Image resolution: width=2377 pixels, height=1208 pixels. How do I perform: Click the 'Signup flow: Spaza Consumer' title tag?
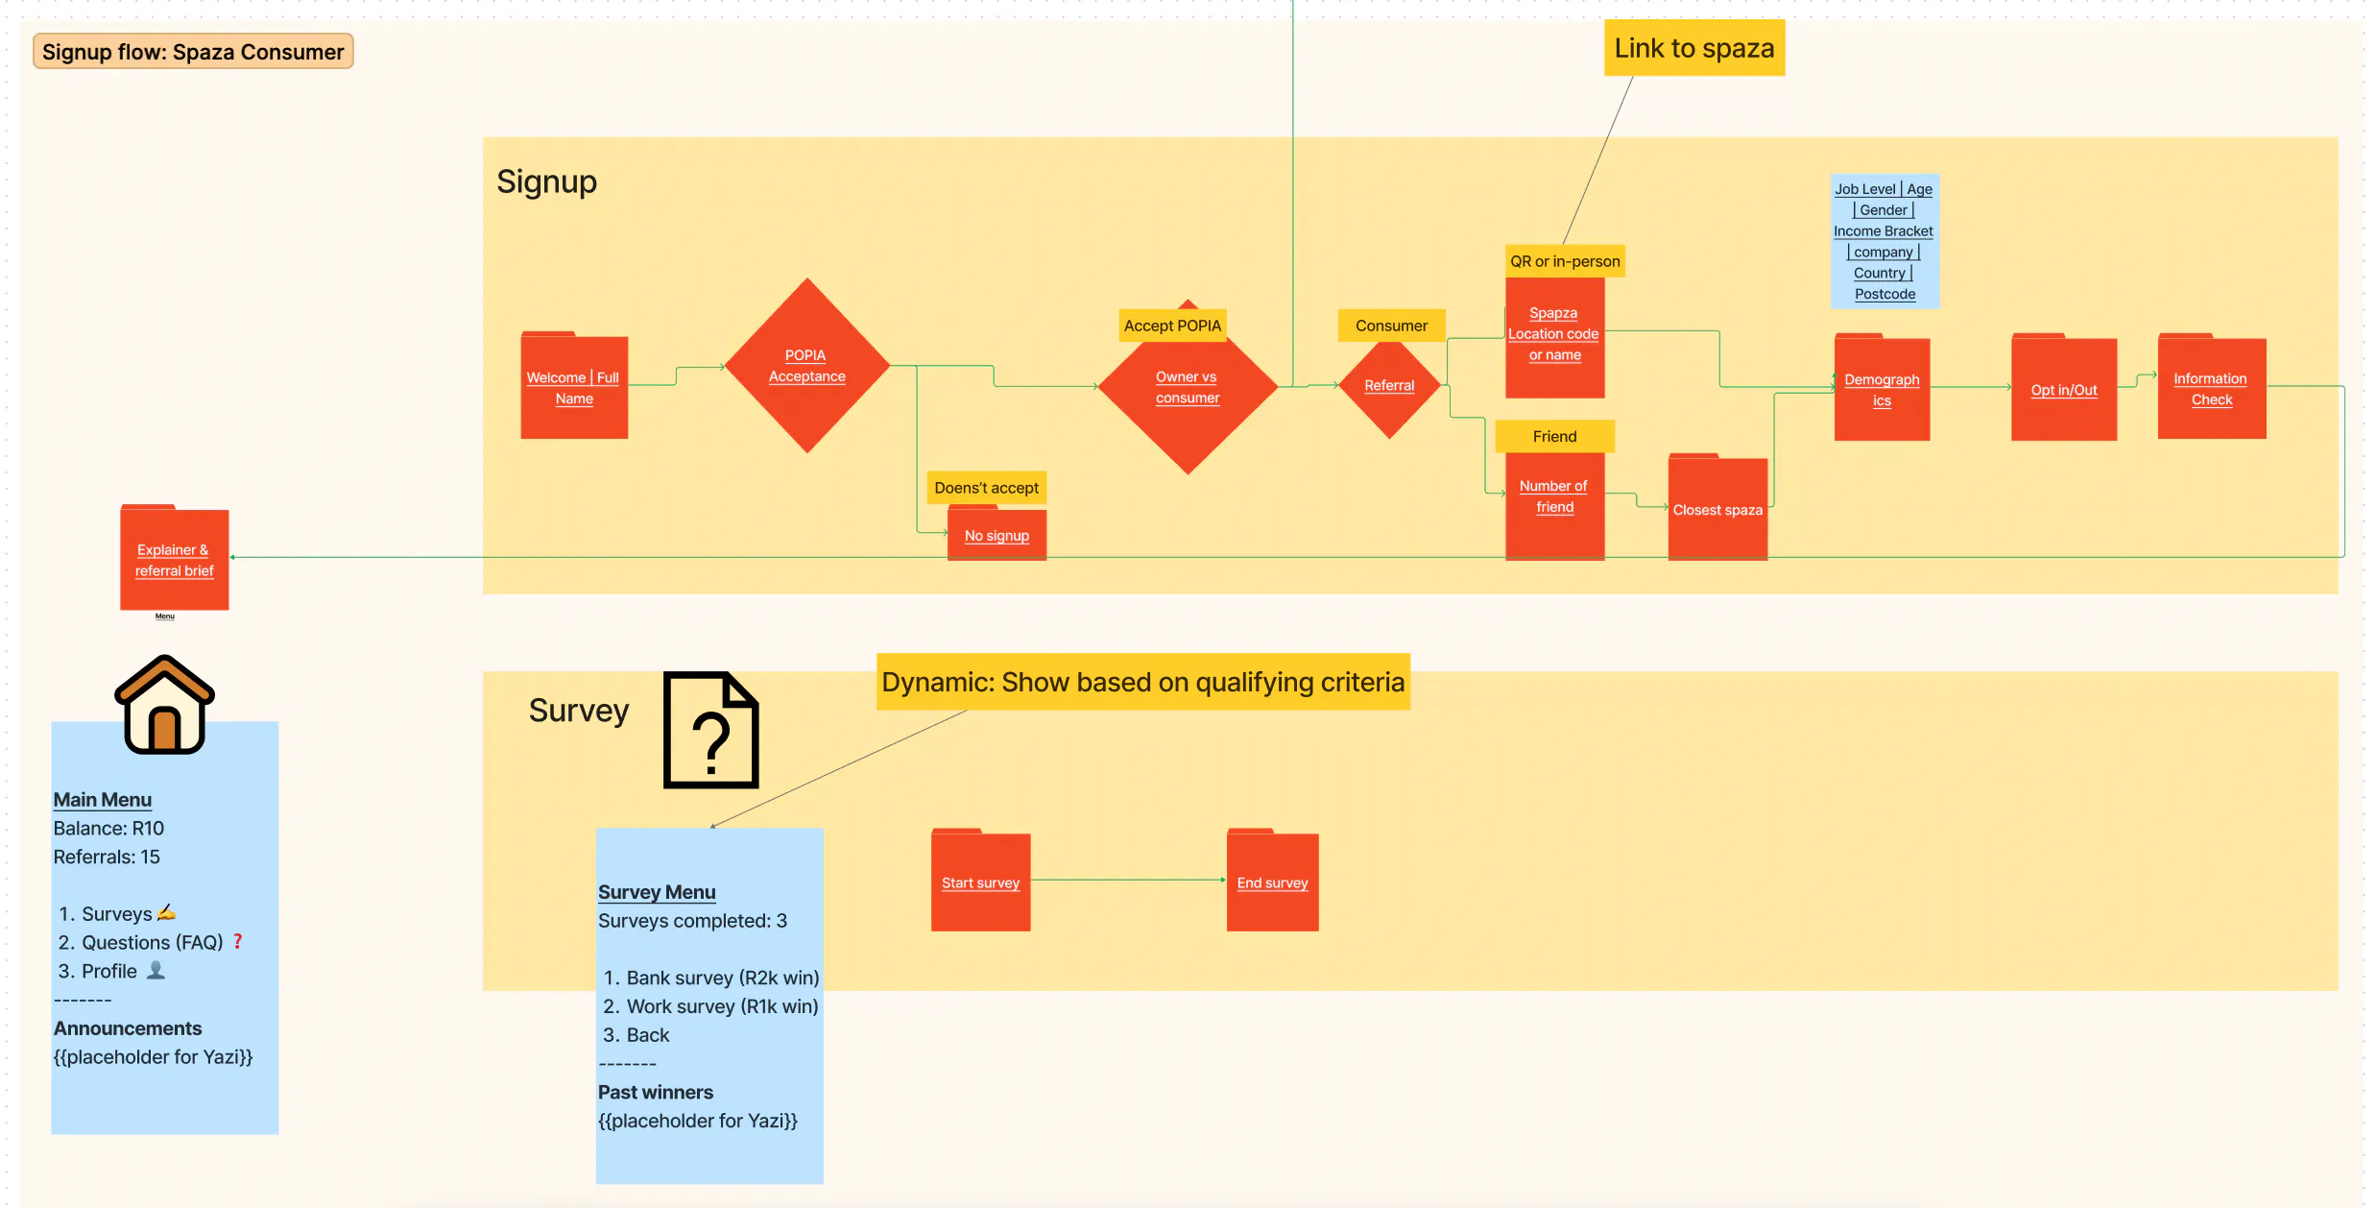click(193, 52)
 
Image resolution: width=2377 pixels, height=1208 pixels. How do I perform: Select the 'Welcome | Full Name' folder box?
click(574, 387)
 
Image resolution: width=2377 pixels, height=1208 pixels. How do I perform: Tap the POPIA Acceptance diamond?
click(806, 366)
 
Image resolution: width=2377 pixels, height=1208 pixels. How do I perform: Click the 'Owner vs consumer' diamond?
click(1188, 388)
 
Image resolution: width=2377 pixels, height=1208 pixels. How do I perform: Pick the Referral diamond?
click(1389, 386)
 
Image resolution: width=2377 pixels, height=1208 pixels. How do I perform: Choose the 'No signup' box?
click(996, 535)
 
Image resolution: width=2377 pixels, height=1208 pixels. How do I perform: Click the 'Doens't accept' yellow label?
click(986, 488)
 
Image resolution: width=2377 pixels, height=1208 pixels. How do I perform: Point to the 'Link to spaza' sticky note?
click(1693, 48)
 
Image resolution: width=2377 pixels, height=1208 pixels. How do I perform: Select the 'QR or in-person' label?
click(1564, 261)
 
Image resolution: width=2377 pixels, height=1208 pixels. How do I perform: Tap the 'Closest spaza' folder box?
click(1717, 509)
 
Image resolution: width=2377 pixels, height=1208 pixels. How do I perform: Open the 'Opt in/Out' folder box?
click(2063, 389)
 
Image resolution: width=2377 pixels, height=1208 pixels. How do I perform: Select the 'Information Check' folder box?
click(2211, 389)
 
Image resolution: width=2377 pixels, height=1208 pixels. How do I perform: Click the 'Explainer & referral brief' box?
click(175, 560)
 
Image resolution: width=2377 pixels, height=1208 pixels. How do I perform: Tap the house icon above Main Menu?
click(164, 705)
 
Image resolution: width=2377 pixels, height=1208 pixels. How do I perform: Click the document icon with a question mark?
click(710, 731)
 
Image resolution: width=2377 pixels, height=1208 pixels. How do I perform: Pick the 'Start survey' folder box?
click(980, 882)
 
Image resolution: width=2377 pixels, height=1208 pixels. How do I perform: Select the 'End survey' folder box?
click(1272, 882)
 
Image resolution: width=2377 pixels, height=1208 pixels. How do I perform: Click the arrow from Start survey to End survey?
click(1128, 880)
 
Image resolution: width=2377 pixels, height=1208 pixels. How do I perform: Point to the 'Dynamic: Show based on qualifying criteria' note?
click(1142, 682)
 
